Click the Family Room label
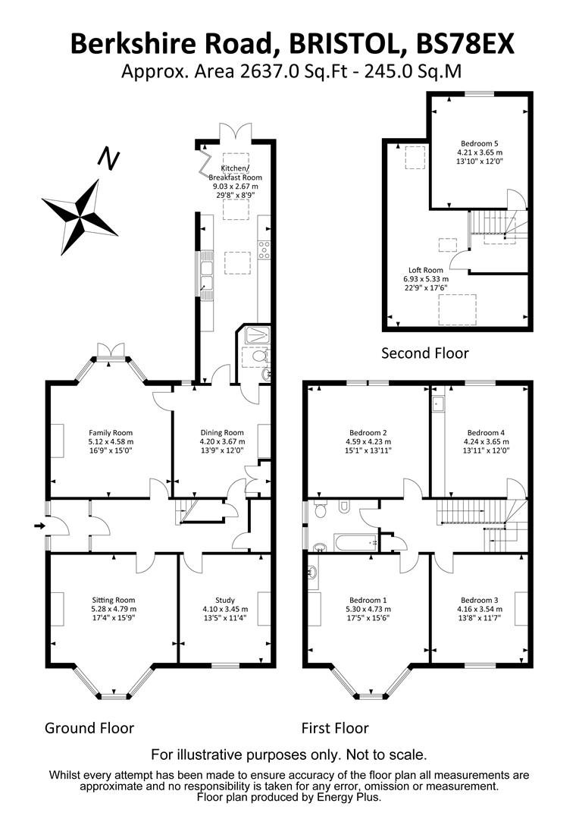click(x=110, y=432)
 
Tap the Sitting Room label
click(x=113, y=600)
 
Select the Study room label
click(x=225, y=600)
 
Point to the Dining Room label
click(x=222, y=432)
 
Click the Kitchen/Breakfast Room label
click(x=235, y=173)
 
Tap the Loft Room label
click(x=425, y=270)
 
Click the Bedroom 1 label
click(x=368, y=600)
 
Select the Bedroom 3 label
click(x=479, y=600)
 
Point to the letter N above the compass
click(x=109, y=160)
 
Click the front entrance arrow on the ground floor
click(x=39, y=526)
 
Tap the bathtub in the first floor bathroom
click(x=356, y=542)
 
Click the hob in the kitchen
click(x=264, y=249)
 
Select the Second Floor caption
click(x=425, y=353)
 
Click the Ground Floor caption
click(x=89, y=728)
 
